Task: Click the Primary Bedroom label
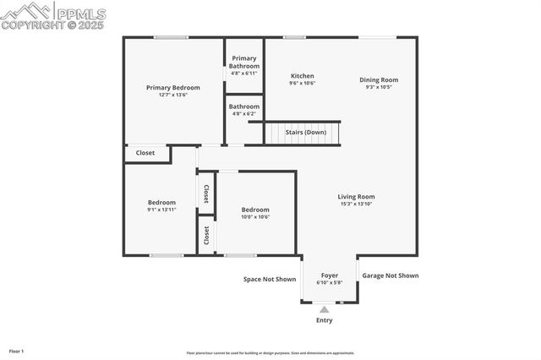click(x=172, y=88)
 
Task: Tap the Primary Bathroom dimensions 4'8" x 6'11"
click(x=243, y=74)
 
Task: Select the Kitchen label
click(x=303, y=75)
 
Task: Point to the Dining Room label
click(x=378, y=80)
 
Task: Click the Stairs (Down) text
click(x=305, y=133)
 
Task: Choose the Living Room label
click(x=356, y=197)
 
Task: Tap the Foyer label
click(x=329, y=275)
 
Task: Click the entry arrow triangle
click(x=324, y=310)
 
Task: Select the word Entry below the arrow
click(x=324, y=320)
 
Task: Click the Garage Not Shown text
click(x=390, y=275)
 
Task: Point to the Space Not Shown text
click(x=270, y=279)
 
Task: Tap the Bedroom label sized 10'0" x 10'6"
click(x=254, y=210)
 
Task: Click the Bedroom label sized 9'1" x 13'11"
click(x=161, y=202)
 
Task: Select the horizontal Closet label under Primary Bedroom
click(x=145, y=153)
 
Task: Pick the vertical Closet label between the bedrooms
click(x=205, y=194)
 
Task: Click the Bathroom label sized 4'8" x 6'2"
click(x=243, y=106)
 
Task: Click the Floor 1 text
click(x=17, y=350)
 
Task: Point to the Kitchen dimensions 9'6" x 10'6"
click(x=303, y=84)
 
